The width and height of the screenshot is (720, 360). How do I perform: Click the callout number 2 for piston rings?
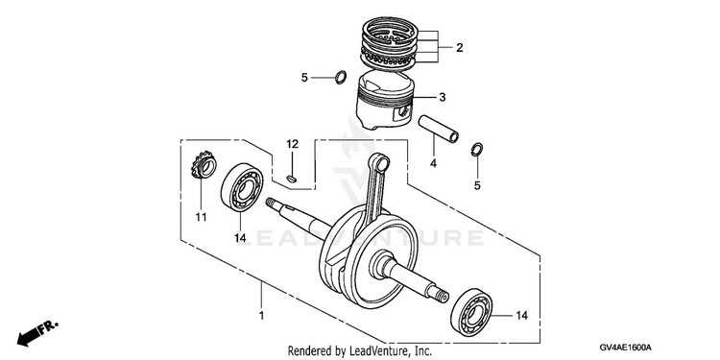pos(459,47)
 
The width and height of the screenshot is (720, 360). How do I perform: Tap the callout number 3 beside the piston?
pos(443,97)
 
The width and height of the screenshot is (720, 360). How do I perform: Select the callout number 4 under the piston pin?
pos(433,162)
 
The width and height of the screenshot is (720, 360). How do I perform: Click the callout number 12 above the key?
pos(293,144)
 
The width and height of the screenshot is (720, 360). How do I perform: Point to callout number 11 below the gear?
pos(202,217)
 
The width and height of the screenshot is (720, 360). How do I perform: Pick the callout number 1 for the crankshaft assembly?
pos(262,316)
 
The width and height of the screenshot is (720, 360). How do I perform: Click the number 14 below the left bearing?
pos(240,238)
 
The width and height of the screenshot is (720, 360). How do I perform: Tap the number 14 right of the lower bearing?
pos(521,316)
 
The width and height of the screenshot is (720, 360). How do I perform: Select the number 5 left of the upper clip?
pos(304,78)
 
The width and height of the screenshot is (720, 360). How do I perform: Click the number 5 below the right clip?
pos(477,185)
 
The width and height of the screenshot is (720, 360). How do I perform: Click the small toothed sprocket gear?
pos(204,164)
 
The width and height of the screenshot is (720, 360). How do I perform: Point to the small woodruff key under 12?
pos(291,179)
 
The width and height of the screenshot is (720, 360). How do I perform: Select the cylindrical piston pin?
pos(438,129)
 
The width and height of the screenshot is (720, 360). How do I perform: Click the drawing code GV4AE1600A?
pos(625,348)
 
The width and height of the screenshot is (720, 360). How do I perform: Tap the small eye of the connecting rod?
pos(381,162)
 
